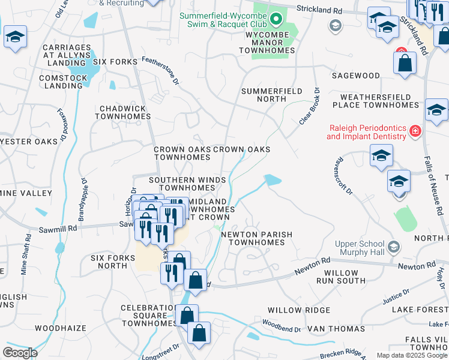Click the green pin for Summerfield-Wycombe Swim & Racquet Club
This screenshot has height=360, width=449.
(x=276, y=20)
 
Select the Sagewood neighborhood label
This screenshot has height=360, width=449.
(x=357, y=76)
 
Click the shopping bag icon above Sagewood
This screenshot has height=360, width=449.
(x=405, y=62)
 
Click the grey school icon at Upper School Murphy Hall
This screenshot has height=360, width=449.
(x=393, y=247)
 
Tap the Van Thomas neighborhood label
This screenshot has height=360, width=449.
(x=336, y=329)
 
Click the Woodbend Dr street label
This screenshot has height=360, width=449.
(x=281, y=329)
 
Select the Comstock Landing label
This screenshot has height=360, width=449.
(x=61, y=82)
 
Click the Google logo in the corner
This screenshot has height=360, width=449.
(x=19, y=353)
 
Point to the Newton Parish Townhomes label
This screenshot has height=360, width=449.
(x=252, y=238)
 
